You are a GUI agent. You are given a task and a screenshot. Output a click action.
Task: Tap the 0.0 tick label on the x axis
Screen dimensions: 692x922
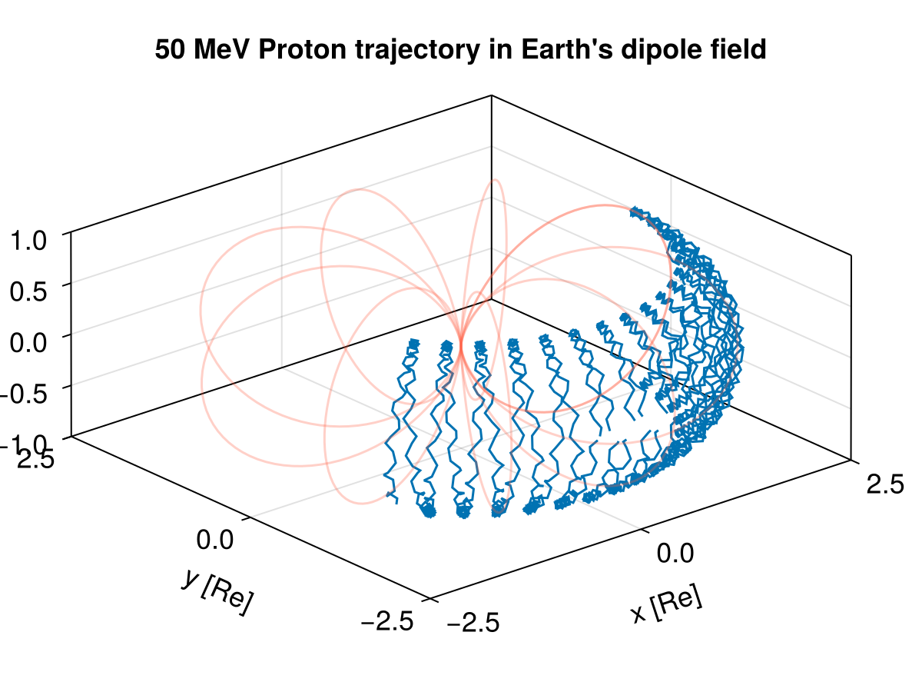[676, 553]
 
